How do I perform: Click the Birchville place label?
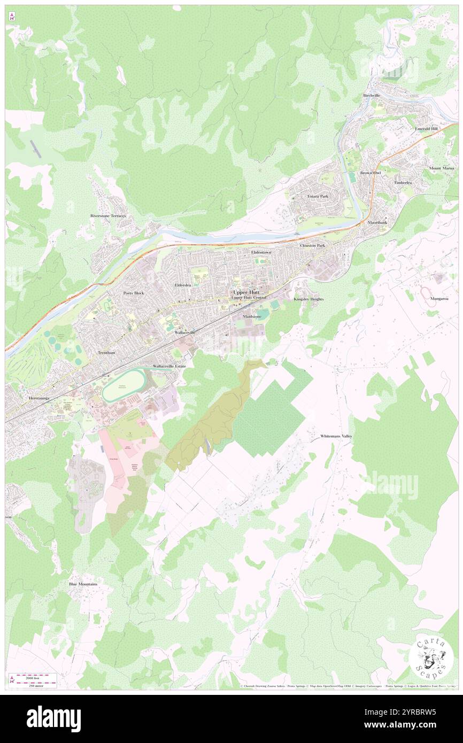click(371, 96)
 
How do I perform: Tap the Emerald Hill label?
click(426, 129)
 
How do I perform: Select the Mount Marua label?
click(441, 168)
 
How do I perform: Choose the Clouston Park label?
click(313, 245)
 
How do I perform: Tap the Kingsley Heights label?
click(308, 299)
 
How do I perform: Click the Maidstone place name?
click(252, 316)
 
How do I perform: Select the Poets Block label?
click(134, 293)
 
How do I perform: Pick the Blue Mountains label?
click(83, 584)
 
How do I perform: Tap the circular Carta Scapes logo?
click(431, 656)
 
